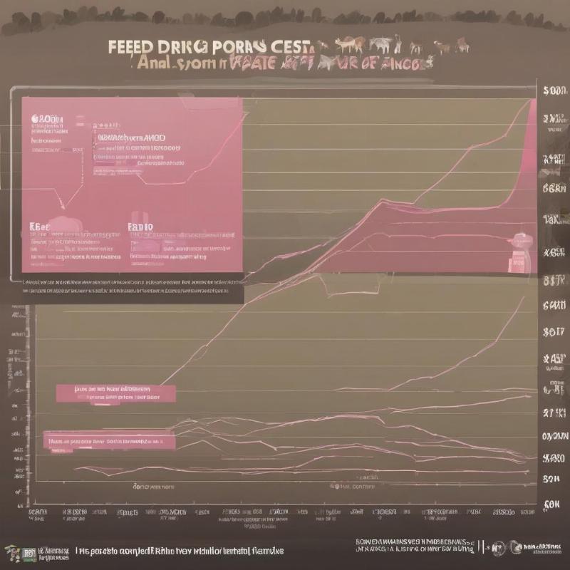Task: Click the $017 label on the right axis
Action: [x=554, y=331]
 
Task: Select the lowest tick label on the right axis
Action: [x=553, y=504]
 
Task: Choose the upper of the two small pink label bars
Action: [x=115, y=392]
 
